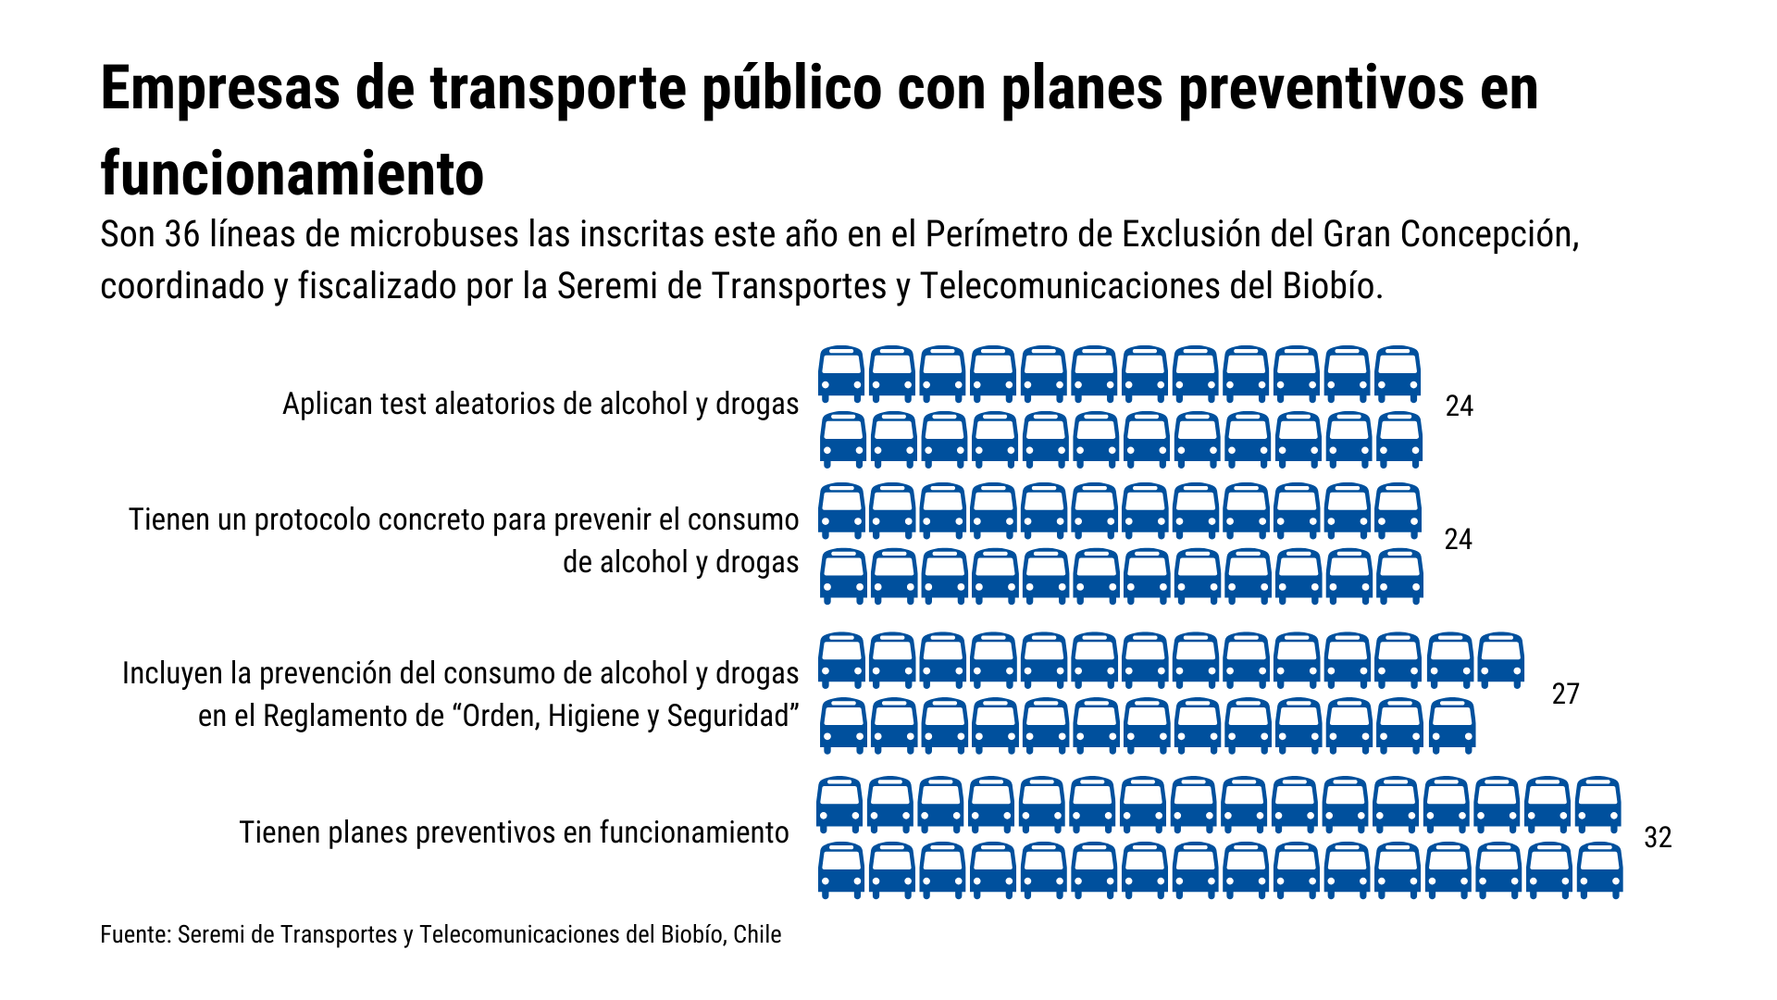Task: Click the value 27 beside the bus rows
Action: (x=1565, y=694)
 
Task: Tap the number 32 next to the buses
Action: (x=1658, y=837)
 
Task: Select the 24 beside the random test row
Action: (x=1459, y=406)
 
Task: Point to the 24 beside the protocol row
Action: (x=1458, y=539)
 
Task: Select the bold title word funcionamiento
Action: (x=292, y=173)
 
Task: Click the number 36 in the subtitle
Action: (x=182, y=234)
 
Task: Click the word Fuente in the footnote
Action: (x=135, y=934)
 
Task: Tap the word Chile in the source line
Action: (x=757, y=934)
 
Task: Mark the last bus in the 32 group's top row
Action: (x=1598, y=805)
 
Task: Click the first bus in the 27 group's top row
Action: (x=842, y=660)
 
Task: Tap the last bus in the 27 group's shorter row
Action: (x=1452, y=725)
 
